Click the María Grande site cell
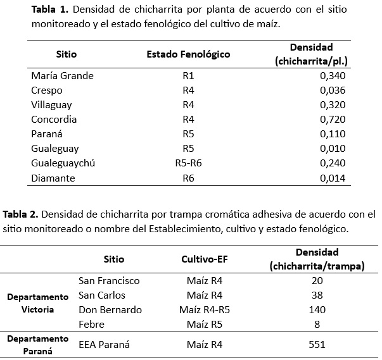(x=62, y=76)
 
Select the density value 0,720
(x=333, y=120)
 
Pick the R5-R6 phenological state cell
(x=188, y=163)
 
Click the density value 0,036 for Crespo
(x=333, y=90)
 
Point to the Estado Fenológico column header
(x=188, y=54)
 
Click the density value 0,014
(x=333, y=178)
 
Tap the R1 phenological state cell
(x=188, y=76)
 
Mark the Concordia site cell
(x=54, y=120)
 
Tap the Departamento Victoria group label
(x=37, y=303)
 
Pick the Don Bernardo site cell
(x=110, y=310)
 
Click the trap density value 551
(x=316, y=345)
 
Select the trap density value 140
(x=316, y=310)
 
